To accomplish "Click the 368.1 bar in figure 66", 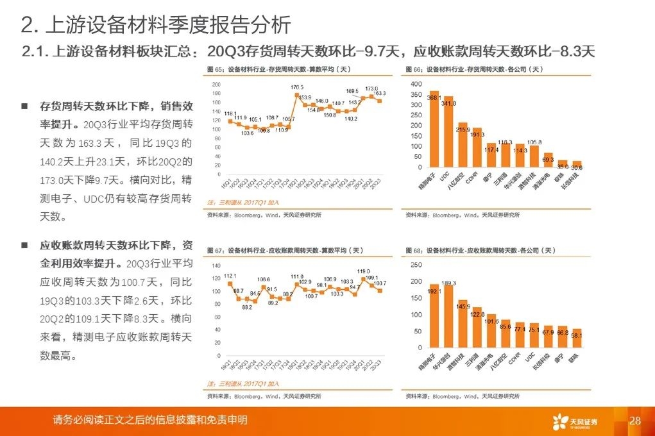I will (434, 129).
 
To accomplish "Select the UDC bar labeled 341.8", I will (448, 131).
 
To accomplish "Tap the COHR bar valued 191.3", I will (477, 147).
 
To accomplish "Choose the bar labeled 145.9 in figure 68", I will (463, 324).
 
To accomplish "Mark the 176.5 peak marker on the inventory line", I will (296, 95).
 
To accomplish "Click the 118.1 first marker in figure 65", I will (230, 120).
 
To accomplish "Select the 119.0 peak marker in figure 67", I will (364, 278).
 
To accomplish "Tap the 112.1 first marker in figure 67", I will (230, 283).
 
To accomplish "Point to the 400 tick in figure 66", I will (416, 84).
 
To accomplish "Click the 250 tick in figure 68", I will (416, 265).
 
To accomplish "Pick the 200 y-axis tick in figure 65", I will (216, 84).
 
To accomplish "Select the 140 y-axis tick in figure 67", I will (216, 265).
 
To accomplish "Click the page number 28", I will (635, 421).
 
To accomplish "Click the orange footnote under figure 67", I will (243, 384).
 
